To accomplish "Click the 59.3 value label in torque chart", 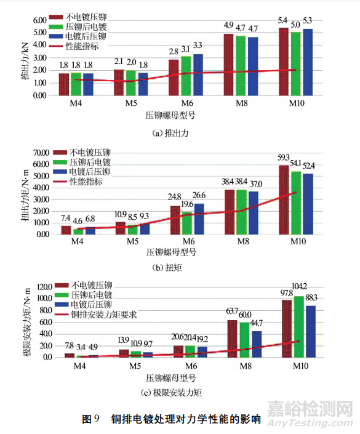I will click(x=284, y=159).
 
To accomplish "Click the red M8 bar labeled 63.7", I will click(x=232, y=339).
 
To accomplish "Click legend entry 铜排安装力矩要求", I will click(x=104, y=314).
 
